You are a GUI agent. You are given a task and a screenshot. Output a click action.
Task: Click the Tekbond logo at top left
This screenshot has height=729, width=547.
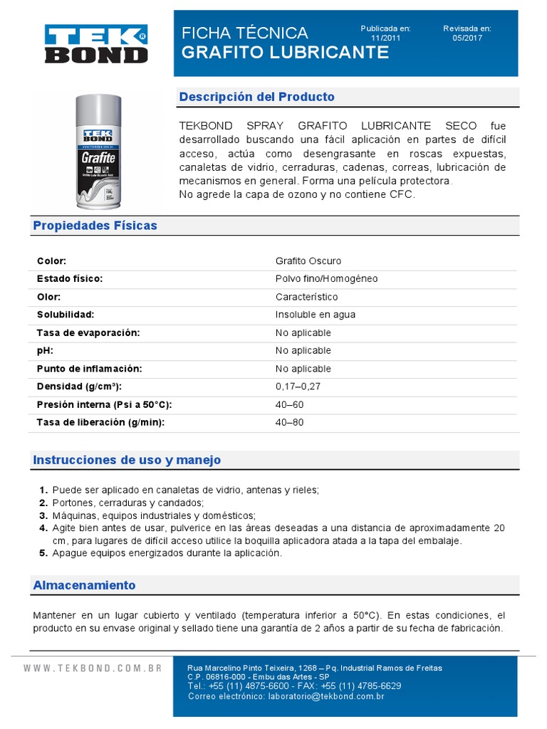pos(96,44)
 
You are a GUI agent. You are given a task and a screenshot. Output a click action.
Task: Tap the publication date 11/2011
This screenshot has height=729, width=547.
pos(385,38)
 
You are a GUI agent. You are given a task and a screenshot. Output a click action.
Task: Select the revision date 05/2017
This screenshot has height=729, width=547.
pos(467,38)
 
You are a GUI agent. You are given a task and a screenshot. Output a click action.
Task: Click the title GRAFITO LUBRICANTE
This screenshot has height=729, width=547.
pos(286,53)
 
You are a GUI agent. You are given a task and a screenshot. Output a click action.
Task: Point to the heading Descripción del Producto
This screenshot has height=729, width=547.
pos(256,97)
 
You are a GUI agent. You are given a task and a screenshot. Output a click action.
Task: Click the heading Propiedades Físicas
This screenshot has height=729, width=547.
pos(95,226)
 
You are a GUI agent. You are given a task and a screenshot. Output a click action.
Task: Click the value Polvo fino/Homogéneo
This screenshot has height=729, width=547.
pos(326,279)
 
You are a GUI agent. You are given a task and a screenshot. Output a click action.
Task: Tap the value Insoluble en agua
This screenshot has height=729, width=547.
pos(315,315)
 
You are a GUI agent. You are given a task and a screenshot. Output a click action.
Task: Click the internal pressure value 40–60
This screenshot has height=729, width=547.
pos(288,404)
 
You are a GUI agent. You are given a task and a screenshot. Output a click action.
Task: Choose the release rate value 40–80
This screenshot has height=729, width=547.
pos(288,423)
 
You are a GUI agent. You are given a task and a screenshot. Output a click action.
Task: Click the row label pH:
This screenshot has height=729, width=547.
pos(45,351)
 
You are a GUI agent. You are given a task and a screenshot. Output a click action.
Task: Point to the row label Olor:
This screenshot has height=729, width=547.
pos(48,297)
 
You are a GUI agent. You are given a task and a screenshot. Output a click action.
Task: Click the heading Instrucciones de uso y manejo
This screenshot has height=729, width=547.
pos(127,460)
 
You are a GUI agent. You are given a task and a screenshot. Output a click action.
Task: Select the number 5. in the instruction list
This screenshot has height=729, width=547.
pos(43,553)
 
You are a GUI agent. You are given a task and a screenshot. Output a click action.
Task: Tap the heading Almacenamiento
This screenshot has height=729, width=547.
pos(84,585)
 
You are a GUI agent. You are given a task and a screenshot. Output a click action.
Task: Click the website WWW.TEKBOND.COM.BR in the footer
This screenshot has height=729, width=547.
pos(93,668)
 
